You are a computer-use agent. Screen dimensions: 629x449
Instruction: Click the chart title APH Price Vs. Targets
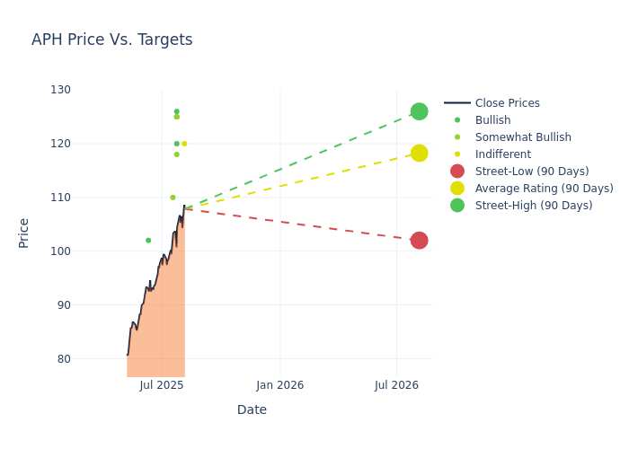coord(112,40)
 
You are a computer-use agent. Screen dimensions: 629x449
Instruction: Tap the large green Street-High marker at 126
coord(420,111)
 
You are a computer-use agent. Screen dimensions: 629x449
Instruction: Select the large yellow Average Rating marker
coord(420,154)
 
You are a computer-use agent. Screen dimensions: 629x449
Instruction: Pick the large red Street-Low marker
coord(420,241)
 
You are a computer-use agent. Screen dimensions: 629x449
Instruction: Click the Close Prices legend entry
coord(492,103)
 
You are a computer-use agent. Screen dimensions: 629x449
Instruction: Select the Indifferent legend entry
coord(492,154)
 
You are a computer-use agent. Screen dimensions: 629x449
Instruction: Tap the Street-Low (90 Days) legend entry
coord(519,172)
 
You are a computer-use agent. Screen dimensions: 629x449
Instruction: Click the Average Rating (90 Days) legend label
coord(545,189)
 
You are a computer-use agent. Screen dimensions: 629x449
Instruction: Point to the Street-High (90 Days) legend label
coord(534,206)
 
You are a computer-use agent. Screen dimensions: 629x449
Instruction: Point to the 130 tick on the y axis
coord(60,90)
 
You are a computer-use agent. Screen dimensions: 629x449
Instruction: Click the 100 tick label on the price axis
coord(60,251)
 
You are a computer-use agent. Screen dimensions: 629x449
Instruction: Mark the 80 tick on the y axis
coord(64,359)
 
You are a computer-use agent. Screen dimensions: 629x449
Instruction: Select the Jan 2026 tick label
coord(280,385)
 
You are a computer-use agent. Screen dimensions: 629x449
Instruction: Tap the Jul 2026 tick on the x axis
coord(397,385)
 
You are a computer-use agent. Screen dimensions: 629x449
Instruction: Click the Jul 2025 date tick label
coord(162,385)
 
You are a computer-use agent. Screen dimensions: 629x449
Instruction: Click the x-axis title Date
coord(252,409)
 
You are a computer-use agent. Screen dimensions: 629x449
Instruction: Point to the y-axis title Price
coord(23,233)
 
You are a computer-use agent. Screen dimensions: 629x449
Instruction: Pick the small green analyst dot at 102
coord(148,241)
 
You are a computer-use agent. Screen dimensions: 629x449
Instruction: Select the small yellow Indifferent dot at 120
coord(184,144)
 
